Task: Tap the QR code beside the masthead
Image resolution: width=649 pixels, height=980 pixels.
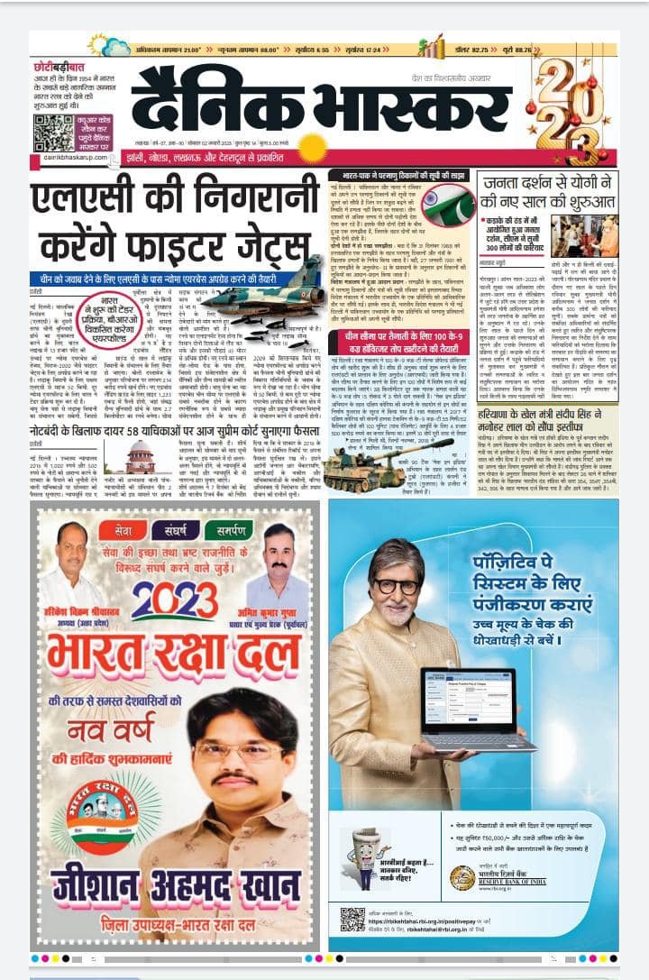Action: [53, 132]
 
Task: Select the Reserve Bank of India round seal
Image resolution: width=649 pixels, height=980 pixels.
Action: [463, 875]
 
